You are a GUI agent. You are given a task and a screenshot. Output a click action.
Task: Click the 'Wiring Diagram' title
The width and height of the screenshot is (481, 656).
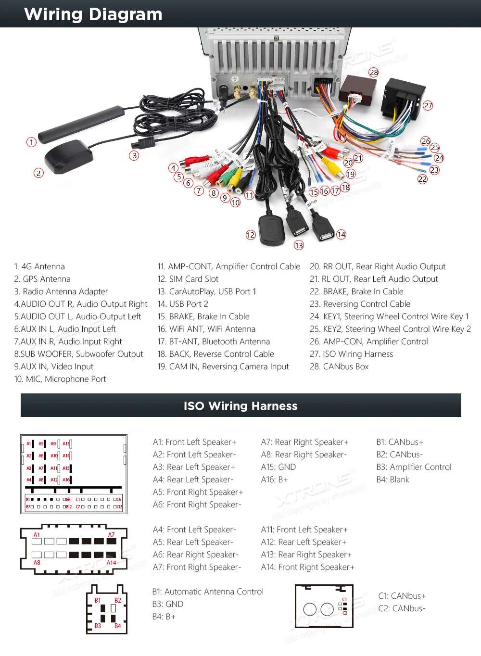(x=93, y=14)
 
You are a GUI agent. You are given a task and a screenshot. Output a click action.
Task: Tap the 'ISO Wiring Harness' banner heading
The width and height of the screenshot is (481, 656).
(x=240, y=406)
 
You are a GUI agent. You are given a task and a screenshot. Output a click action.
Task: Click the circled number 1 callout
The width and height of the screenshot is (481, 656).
(x=31, y=142)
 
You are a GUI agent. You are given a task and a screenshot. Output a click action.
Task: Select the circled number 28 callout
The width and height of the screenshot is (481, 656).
(x=374, y=72)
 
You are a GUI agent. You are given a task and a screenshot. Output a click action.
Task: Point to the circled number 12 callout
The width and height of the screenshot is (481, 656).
(x=251, y=235)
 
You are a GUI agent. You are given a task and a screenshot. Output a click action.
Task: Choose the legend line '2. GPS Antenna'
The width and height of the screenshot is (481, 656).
(x=42, y=279)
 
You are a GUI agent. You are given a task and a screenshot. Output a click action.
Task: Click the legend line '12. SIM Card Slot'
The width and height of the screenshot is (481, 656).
(x=188, y=279)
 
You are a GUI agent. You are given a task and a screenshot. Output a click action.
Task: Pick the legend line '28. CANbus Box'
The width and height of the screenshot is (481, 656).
(x=339, y=366)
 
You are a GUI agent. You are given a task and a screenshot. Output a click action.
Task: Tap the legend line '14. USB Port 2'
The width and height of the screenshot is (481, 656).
(x=183, y=304)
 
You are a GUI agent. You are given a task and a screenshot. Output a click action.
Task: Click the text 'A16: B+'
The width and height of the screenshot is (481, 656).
(x=274, y=479)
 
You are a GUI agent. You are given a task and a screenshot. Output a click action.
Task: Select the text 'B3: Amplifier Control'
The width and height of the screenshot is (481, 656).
(x=414, y=467)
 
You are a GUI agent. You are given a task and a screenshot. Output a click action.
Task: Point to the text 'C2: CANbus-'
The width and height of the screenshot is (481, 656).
(x=402, y=608)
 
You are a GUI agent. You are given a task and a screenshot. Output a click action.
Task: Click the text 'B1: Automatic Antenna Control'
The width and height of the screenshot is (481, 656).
(x=208, y=592)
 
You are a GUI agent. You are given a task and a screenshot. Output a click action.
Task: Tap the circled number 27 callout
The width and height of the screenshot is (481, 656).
(x=428, y=105)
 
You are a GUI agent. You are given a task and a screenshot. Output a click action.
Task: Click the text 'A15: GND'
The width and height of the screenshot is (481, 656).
(x=278, y=467)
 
